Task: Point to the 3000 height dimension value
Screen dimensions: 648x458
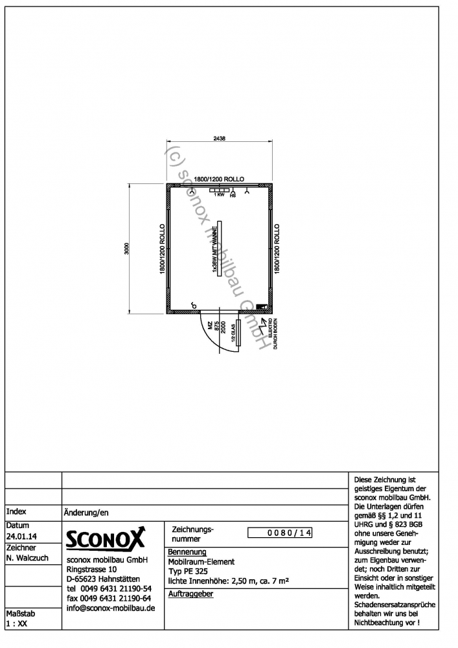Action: click(128, 249)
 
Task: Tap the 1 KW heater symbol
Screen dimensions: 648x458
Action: click(220, 190)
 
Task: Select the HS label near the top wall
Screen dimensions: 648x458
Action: click(233, 195)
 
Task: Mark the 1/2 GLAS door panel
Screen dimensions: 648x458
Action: click(238, 333)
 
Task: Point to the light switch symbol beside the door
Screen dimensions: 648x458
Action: click(193, 305)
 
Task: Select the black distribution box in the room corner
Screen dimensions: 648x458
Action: click(262, 307)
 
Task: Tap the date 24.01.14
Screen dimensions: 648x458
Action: click(20, 537)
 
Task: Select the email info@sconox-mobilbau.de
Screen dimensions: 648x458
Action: click(111, 608)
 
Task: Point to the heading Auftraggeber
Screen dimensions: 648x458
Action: click(190, 594)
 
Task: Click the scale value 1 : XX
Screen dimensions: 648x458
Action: click(17, 623)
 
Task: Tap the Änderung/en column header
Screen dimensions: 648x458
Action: click(86, 512)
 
